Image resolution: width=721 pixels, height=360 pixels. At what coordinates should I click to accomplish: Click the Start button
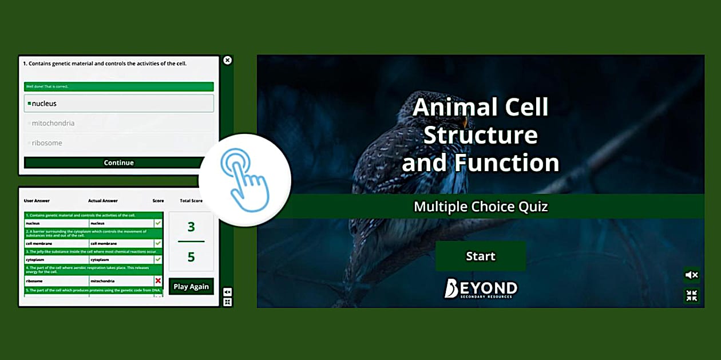480,256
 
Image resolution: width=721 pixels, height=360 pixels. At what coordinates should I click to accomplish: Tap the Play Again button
191,286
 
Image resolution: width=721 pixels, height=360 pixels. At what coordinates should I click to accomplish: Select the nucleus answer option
118,104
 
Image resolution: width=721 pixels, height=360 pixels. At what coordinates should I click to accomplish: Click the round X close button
227,60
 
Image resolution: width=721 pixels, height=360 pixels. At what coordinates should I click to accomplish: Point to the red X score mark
158,280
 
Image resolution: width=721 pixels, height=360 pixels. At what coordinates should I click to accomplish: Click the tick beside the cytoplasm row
158,259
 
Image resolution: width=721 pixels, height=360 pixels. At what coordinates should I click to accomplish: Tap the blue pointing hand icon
245,180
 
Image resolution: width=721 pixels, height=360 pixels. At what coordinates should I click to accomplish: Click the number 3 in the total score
191,227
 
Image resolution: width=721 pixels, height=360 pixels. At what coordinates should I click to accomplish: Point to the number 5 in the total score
191,257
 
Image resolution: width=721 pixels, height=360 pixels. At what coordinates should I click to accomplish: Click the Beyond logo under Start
481,288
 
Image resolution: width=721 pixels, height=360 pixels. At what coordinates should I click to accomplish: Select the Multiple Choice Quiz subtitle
481,206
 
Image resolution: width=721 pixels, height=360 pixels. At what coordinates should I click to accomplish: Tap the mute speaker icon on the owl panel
692,275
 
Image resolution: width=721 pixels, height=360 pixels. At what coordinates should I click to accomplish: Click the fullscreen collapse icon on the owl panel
692,295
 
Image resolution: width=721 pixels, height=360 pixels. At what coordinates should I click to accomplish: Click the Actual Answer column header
103,201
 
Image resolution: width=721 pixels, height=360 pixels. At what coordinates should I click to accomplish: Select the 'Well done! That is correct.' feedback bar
118,86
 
